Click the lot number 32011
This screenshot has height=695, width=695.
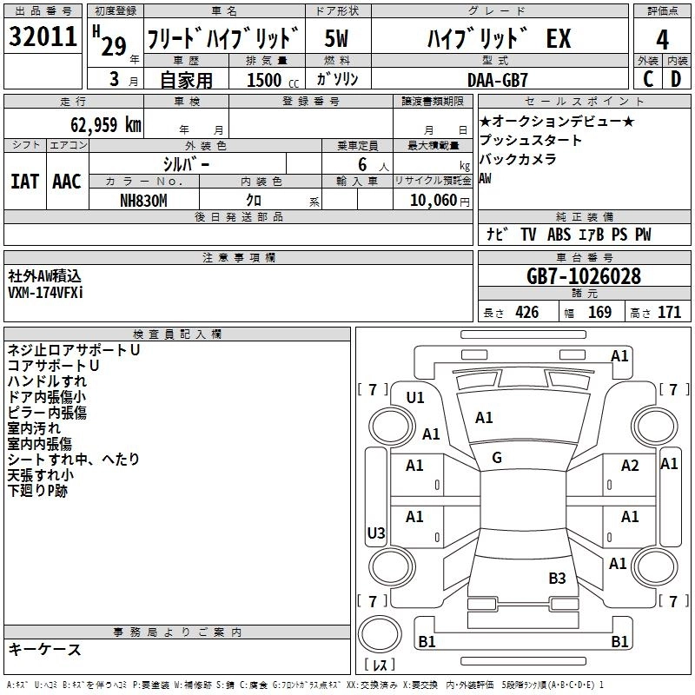(43, 39)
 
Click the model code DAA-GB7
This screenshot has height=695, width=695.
(497, 80)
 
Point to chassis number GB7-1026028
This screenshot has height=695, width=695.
(584, 277)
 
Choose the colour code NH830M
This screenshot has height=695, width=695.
(144, 200)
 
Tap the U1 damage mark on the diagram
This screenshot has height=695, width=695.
(415, 398)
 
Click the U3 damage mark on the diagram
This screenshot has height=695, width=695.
(376, 533)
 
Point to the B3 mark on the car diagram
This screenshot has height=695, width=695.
(557, 578)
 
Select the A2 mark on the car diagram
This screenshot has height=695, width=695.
(630, 466)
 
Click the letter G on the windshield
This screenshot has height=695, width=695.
(496, 458)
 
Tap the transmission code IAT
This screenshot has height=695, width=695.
(25, 181)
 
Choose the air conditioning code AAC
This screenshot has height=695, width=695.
(67, 181)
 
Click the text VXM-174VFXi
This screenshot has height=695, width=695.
(45, 293)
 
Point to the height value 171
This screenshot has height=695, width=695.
(669, 313)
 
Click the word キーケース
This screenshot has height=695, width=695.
(44, 650)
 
